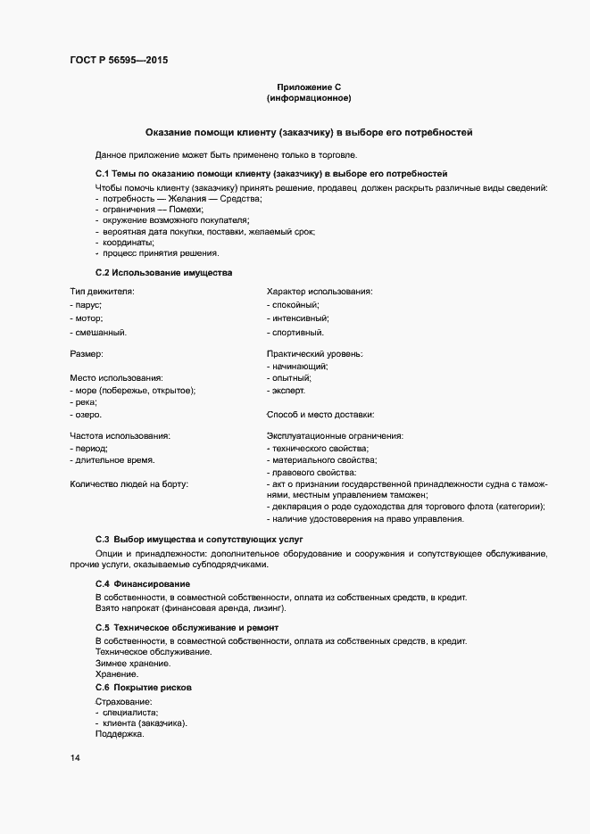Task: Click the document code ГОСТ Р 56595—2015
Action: pos(118,61)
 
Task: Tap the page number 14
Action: pos(74,758)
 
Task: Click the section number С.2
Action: pos(103,272)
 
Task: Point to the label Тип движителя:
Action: pos(102,291)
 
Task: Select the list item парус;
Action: pos(87,305)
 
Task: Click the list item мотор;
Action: pos(87,318)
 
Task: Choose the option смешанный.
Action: pos(99,333)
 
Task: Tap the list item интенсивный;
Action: pos(299,318)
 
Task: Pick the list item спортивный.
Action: pos(296,333)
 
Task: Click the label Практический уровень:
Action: pos(314,353)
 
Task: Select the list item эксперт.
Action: pos(287,390)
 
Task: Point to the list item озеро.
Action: pos(87,415)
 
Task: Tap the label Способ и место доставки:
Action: pos(320,415)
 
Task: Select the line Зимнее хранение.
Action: pos(132,663)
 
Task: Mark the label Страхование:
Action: pos(123,702)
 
